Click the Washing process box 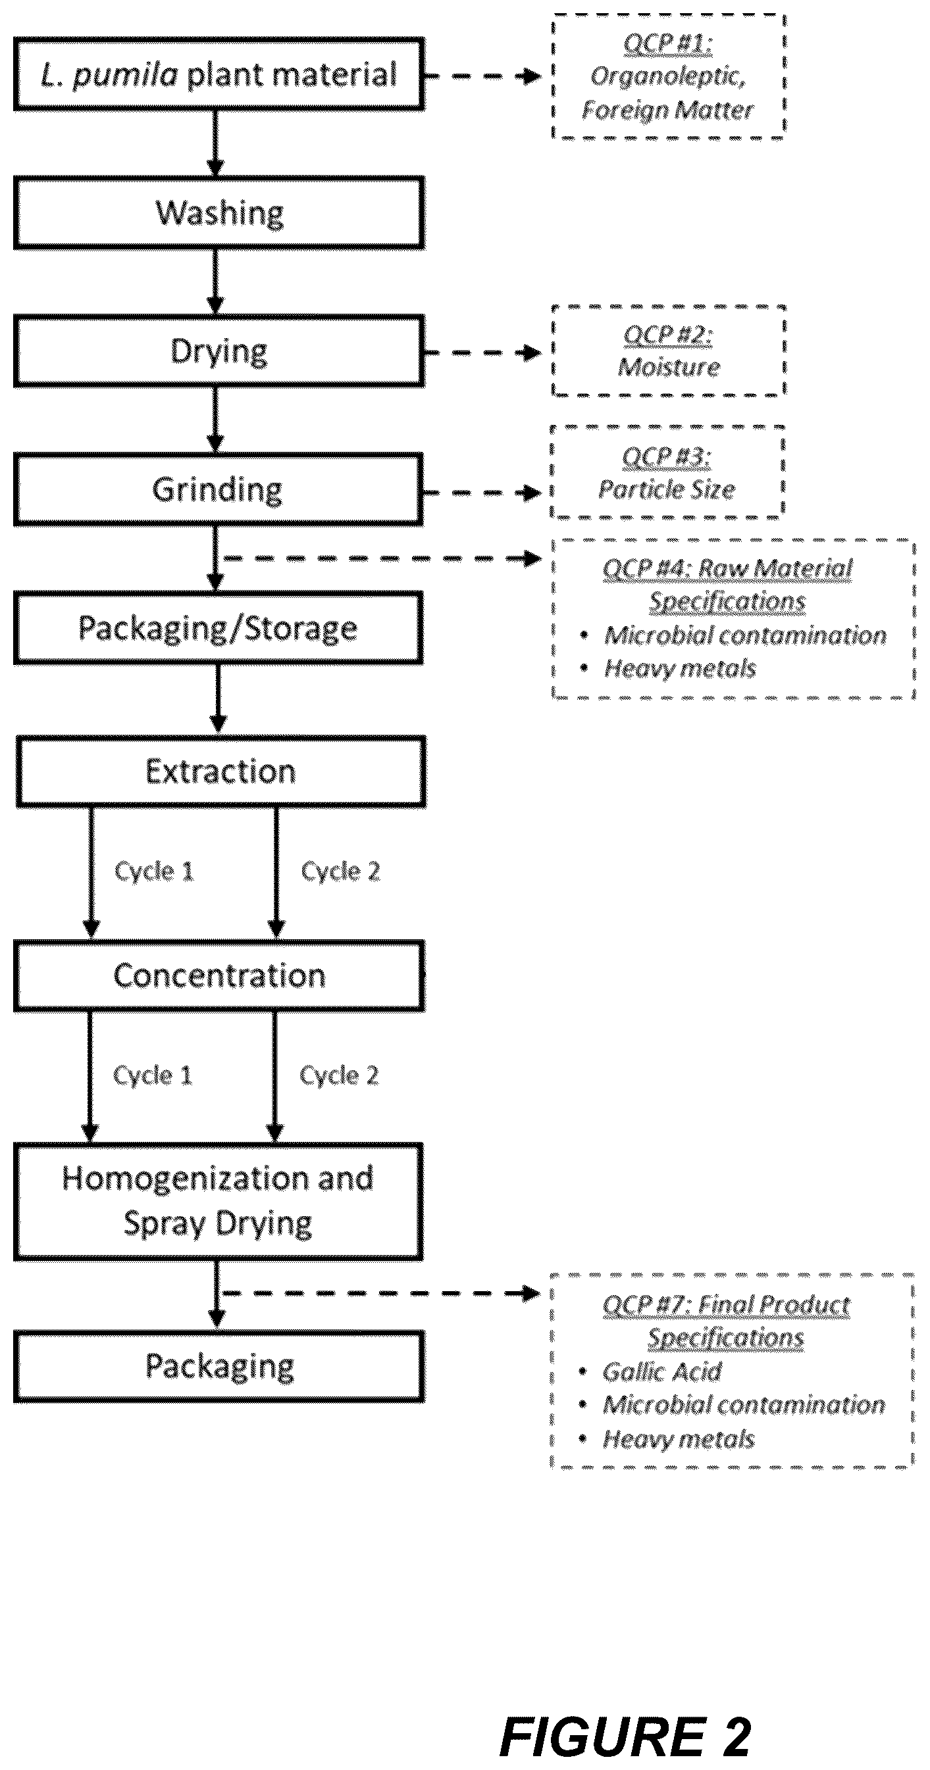pos(219,213)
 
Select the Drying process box pos(219,351)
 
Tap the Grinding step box pos(219,490)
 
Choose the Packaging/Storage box pos(219,628)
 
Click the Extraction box pos(220,772)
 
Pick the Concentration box pos(219,975)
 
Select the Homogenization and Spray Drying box pos(219,1202)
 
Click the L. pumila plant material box pos(219,74)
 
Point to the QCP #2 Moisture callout pos(668,351)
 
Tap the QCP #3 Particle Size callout pos(667,472)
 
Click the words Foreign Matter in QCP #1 pos(667,110)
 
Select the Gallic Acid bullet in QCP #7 pos(662,1371)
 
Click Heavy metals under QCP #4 pos(680,668)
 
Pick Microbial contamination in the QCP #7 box pos(744,1404)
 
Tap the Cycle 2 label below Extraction pos(340,872)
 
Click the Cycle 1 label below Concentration pos(153,1075)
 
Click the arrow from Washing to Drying pos(216,282)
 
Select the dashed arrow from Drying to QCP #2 pos(482,353)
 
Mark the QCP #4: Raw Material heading pos(727,569)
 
